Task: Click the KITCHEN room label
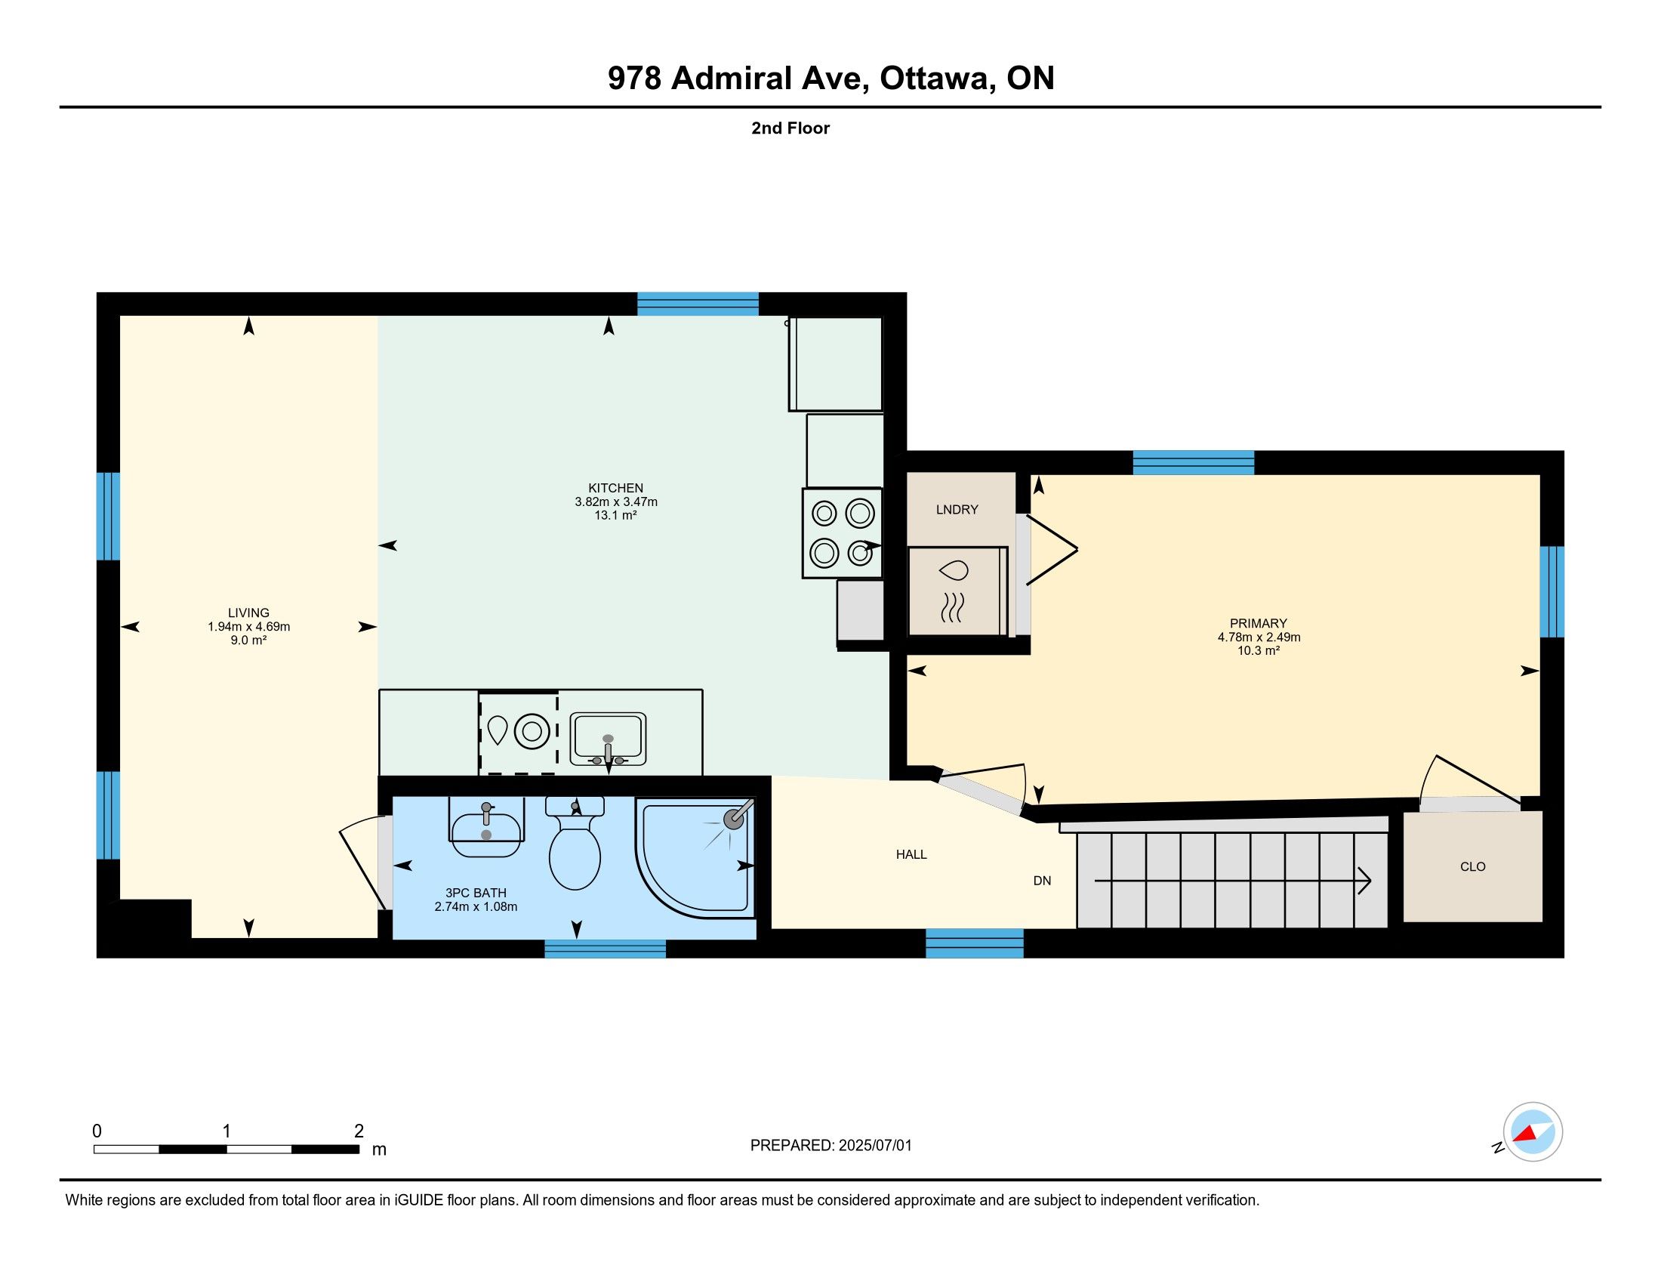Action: click(616, 489)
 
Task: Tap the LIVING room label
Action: click(248, 613)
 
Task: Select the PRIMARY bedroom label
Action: click(1259, 624)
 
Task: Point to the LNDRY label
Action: click(957, 510)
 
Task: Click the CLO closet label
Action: click(1473, 866)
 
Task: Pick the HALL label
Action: click(911, 854)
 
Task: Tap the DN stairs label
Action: click(1042, 881)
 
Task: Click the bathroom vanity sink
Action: click(486, 827)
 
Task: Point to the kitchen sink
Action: click(608, 739)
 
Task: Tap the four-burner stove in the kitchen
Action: click(842, 533)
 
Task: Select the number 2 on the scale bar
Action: click(359, 1131)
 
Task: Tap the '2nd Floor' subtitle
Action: click(790, 128)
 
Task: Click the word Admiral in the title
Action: click(732, 79)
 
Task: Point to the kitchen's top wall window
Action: click(698, 304)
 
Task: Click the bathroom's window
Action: click(606, 949)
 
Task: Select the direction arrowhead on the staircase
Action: click(1364, 881)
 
